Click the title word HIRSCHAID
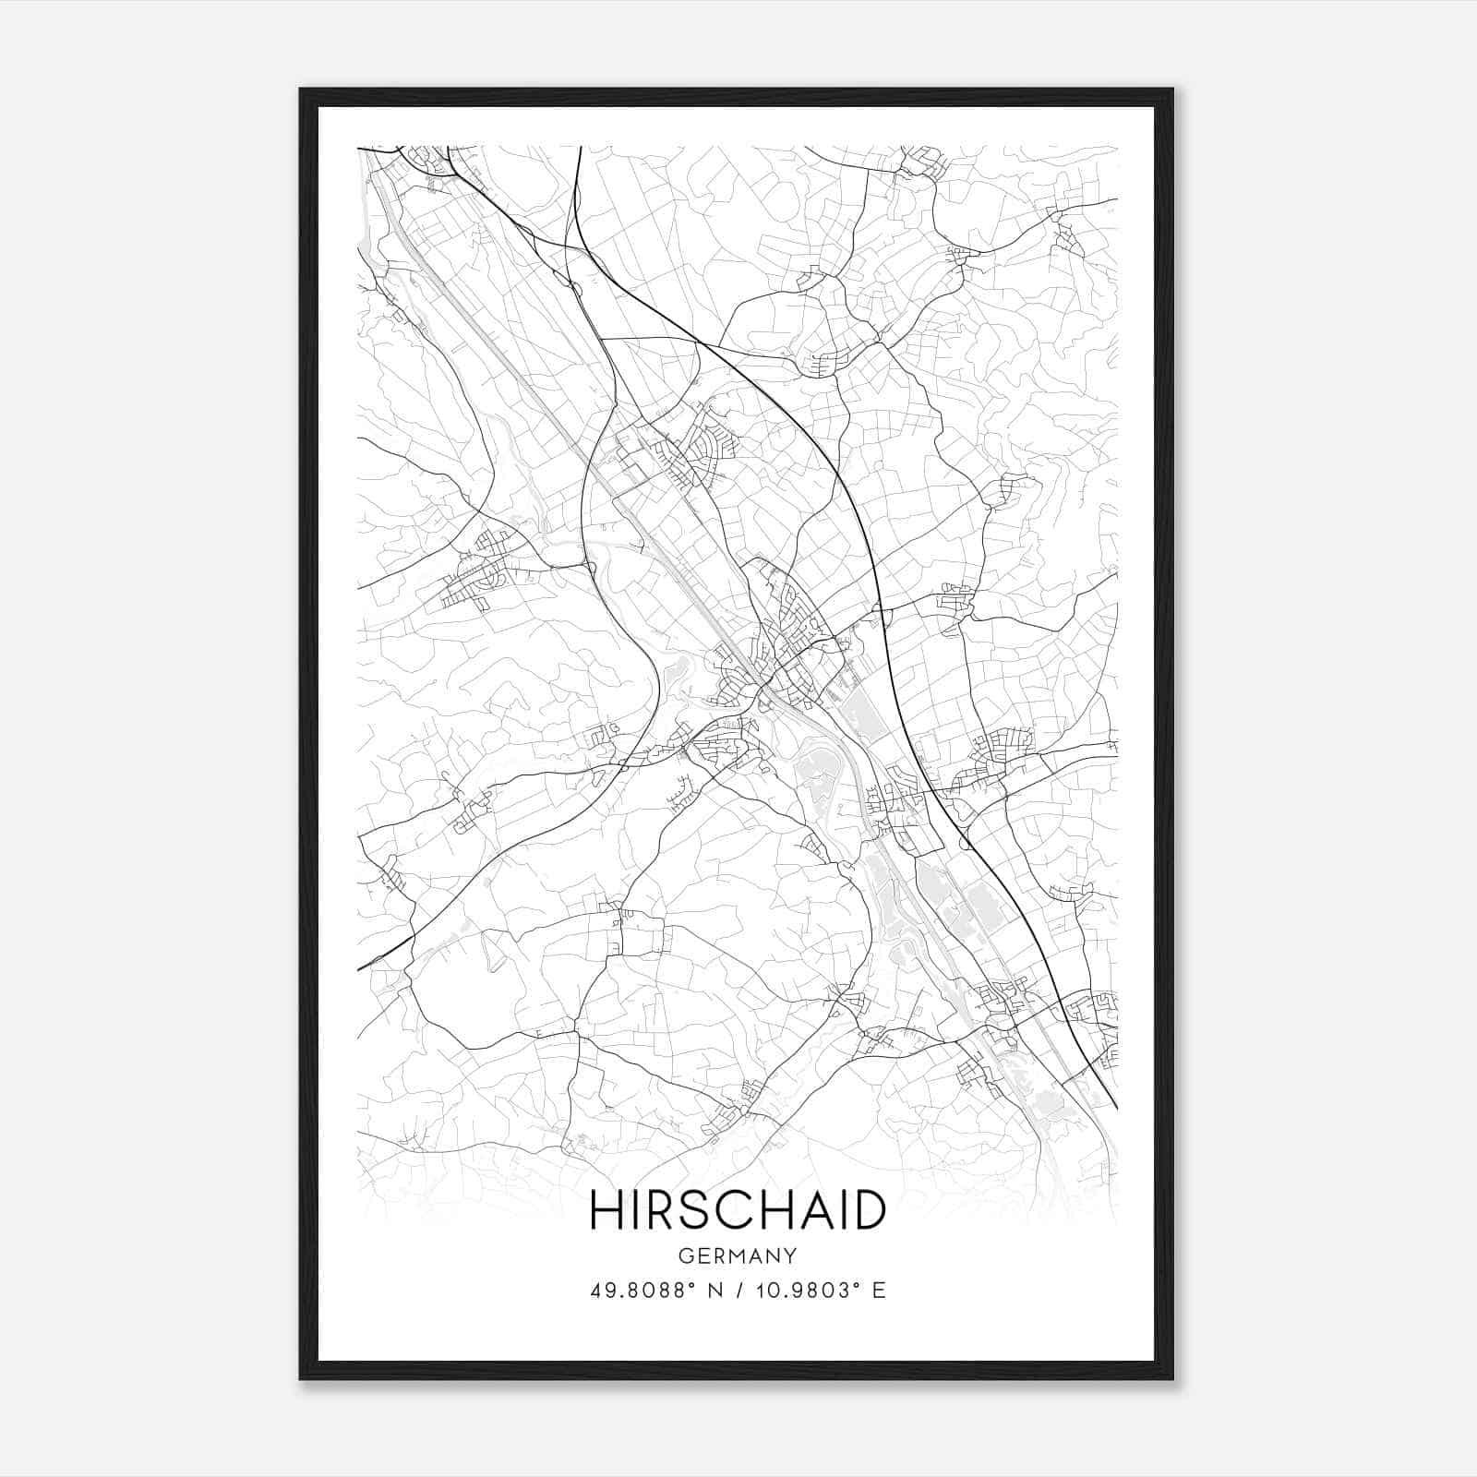[738, 1210]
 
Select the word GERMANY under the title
[738, 1255]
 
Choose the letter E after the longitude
[879, 1291]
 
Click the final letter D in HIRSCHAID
[869, 1210]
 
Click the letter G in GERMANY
[684, 1255]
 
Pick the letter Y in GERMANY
[791, 1255]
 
